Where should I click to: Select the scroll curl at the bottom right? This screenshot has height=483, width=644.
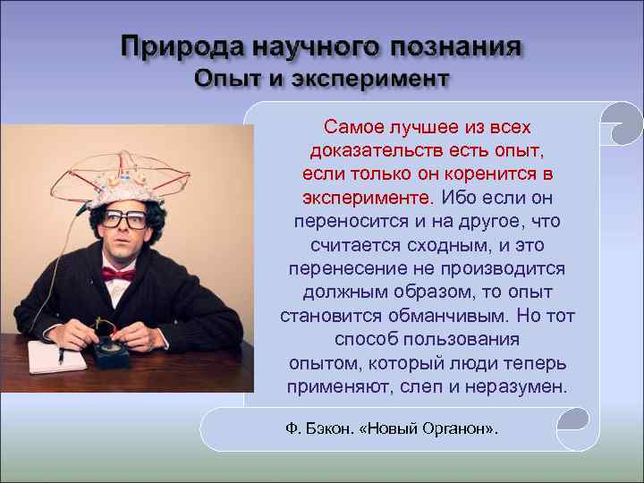[x=572, y=420]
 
